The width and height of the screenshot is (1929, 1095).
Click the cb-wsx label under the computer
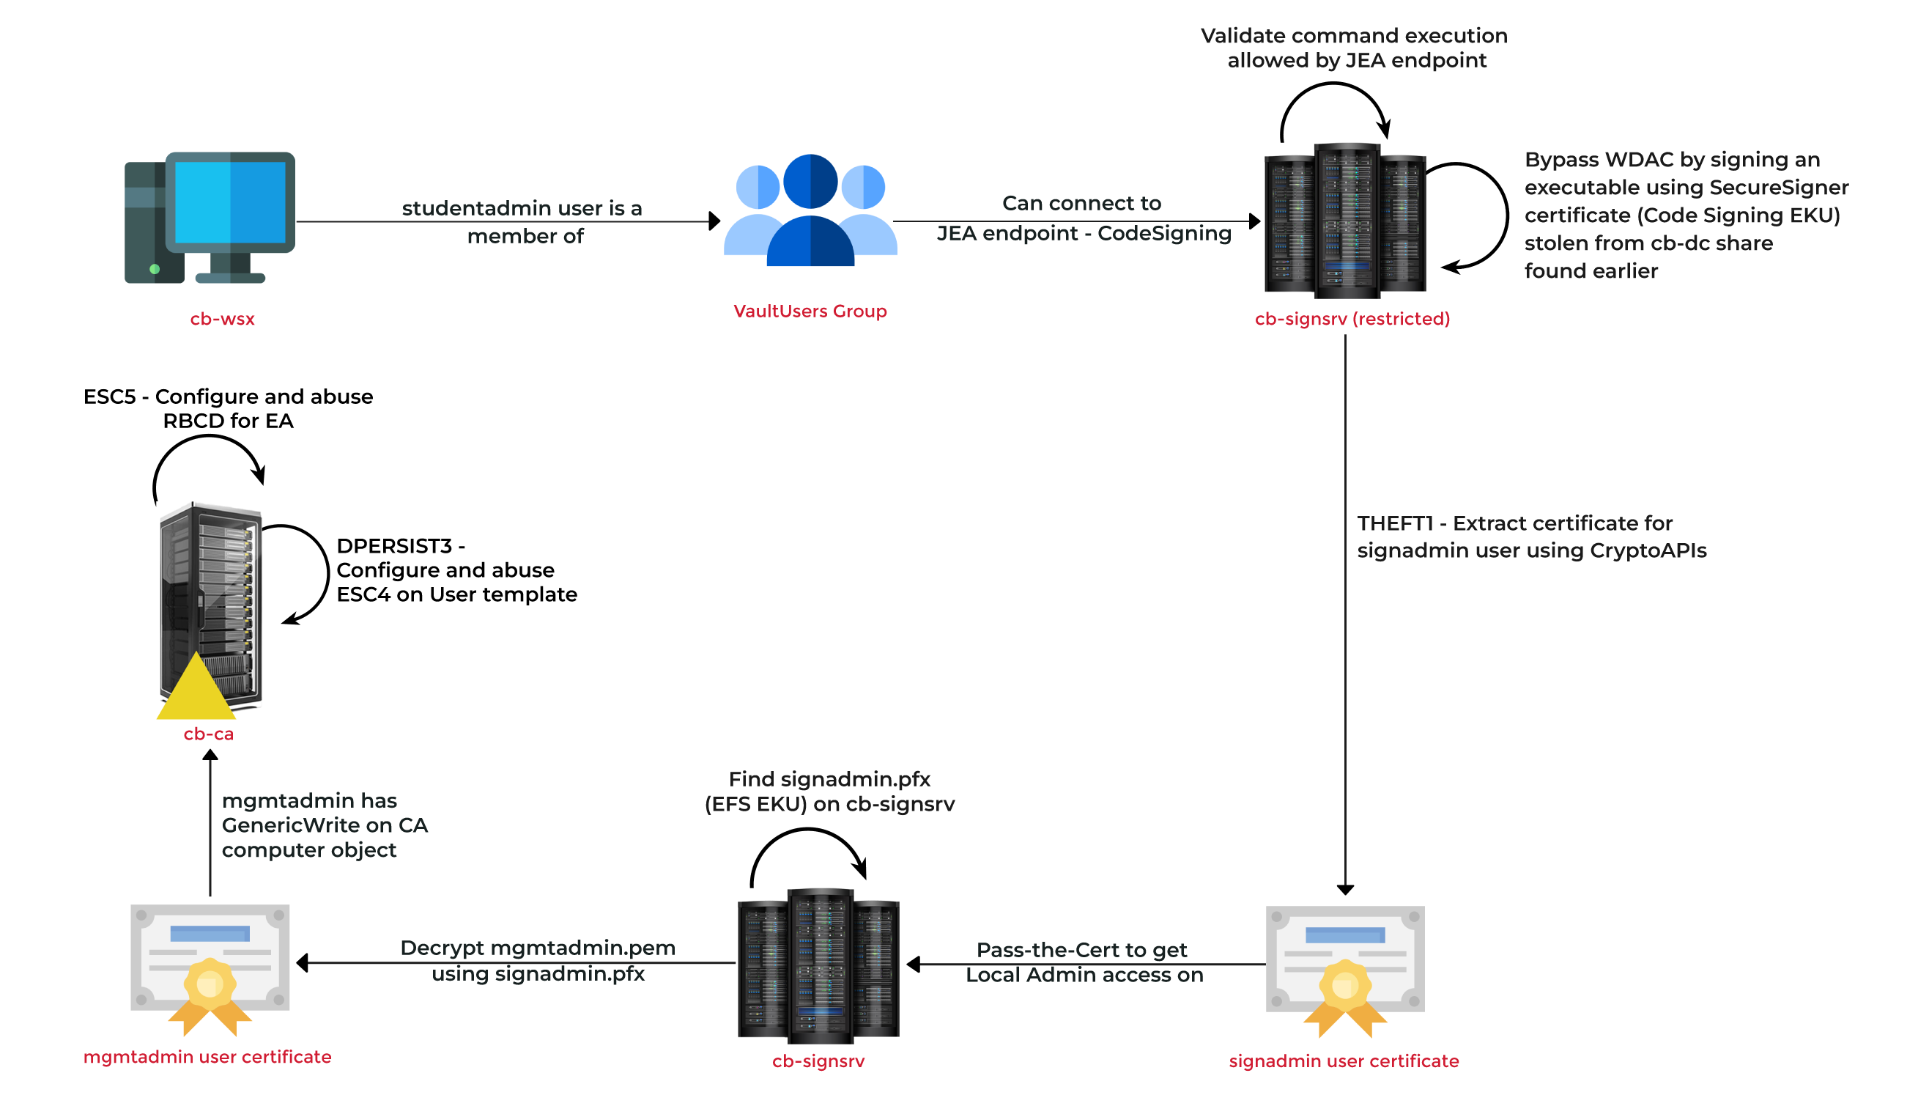click(x=223, y=319)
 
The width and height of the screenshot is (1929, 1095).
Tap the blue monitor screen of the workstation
click(x=230, y=202)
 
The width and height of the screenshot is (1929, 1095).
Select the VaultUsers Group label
click(x=810, y=311)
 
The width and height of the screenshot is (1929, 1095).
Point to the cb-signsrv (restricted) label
click(x=1352, y=319)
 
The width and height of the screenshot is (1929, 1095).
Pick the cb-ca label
click(x=208, y=734)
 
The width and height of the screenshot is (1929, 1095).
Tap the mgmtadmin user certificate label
click(x=207, y=1057)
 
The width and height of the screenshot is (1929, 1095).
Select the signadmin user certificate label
click(x=1344, y=1061)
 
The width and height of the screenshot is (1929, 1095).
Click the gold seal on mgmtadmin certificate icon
click(x=210, y=983)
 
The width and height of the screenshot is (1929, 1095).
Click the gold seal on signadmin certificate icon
click(x=1345, y=984)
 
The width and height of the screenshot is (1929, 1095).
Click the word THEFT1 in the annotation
click(x=1394, y=523)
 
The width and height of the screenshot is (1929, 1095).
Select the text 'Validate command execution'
click(x=1353, y=36)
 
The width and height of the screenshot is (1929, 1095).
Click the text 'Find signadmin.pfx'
click(x=829, y=779)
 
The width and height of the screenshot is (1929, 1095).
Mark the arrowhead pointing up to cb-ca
click(x=210, y=758)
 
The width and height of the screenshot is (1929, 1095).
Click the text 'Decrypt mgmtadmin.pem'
click(x=537, y=948)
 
